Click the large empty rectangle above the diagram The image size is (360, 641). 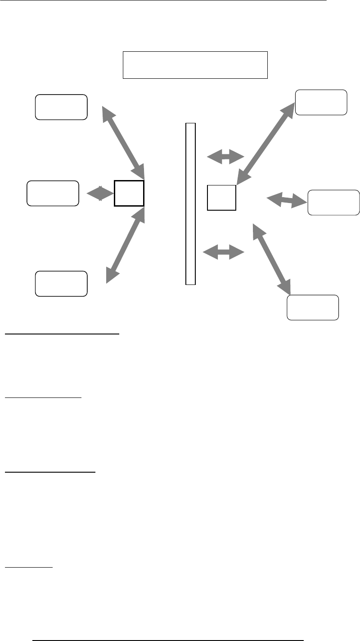coord(195,65)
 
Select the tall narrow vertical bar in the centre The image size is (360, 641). coord(191,203)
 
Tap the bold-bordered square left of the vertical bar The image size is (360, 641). coord(129,193)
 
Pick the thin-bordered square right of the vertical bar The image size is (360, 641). coord(221,198)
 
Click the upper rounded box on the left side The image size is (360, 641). coord(61,107)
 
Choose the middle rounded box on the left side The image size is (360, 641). coord(53,193)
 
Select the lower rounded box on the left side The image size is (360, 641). coord(61,284)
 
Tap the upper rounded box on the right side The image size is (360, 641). coord(321,103)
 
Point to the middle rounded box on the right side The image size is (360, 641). coord(333,202)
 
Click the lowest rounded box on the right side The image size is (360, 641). coord(313,307)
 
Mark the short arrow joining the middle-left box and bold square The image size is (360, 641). coord(100,193)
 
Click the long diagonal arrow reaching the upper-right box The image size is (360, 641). coord(265,143)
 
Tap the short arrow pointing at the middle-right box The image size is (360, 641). coord(286,200)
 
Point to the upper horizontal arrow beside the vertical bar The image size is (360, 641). coord(225,157)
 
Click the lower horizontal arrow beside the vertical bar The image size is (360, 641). coord(223,252)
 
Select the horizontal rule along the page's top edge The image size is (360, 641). coord(163,1)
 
